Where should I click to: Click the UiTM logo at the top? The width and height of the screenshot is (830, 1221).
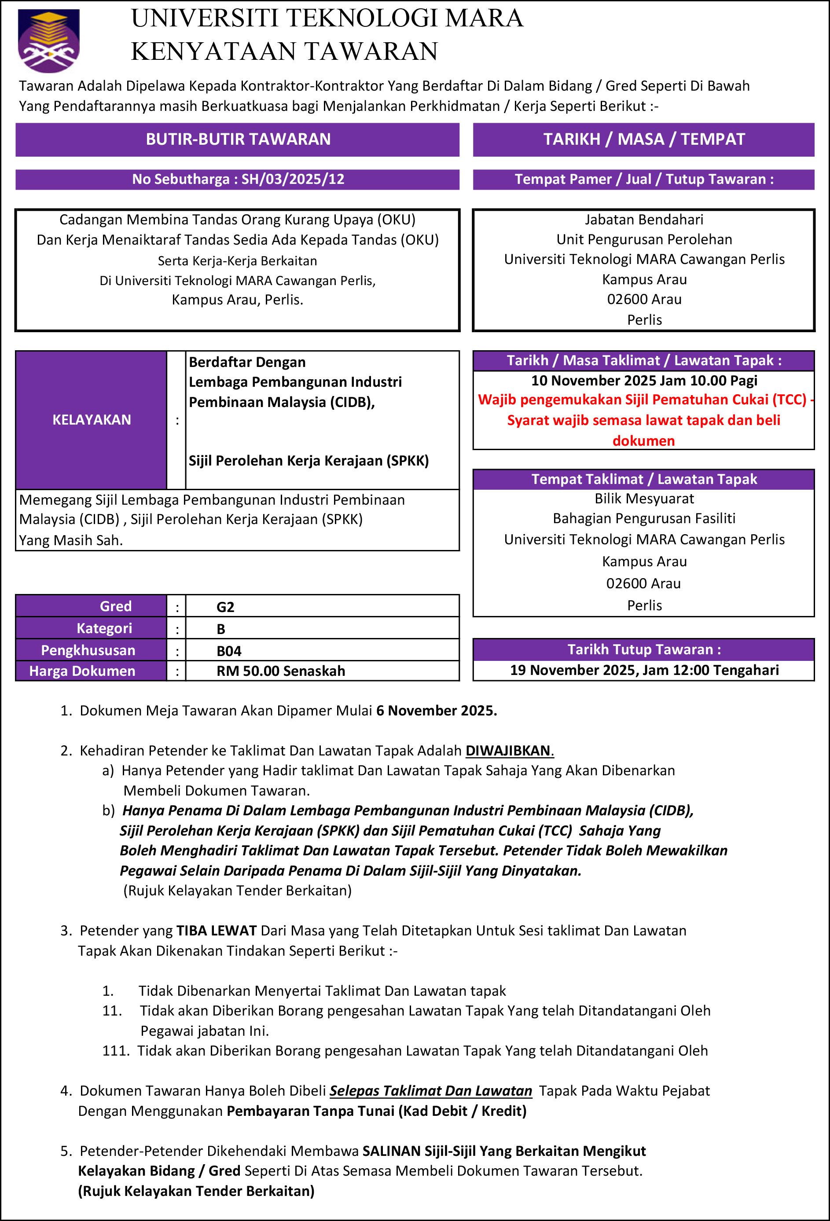tap(48, 40)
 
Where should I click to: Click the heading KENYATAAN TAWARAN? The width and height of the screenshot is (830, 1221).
tap(284, 51)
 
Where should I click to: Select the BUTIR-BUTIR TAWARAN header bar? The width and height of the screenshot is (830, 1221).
tap(238, 139)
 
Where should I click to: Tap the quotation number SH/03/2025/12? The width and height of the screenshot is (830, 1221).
tap(293, 179)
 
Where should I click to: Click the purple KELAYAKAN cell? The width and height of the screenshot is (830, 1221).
tap(92, 420)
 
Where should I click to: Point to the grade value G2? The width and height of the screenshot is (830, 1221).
tap(225, 607)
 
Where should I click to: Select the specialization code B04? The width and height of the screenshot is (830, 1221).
tap(229, 651)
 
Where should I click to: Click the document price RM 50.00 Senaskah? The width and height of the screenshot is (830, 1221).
tap(281, 671)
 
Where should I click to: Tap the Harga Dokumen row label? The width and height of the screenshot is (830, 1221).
tap(82, 671)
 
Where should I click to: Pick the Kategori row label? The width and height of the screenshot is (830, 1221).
tap(104, 628)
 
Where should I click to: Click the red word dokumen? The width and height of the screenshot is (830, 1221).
tap(643, 441)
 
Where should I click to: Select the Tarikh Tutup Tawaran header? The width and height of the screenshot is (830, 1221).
tap(643, 649)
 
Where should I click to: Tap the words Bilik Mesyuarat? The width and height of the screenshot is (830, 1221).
tap(644, 499)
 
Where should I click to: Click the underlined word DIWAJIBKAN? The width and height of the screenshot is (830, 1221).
tap(508, 750)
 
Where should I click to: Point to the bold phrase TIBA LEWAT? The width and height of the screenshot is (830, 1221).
tap(217, 931)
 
